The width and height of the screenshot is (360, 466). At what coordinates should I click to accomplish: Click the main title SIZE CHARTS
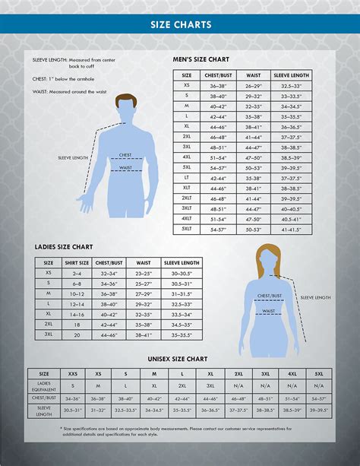click(180, 24)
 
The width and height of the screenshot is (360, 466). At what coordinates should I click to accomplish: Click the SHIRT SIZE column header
click(77, 262)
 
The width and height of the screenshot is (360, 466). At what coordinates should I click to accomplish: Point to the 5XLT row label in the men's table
click(186, 228)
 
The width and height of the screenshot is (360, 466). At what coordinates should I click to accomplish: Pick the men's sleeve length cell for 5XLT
click(291, 228)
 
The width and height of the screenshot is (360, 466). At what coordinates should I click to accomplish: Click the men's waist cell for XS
click(253, 86)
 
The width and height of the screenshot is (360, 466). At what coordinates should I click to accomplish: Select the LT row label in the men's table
click(186, 177)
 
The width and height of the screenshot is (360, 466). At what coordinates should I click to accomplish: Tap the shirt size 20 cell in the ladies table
click(77, 334)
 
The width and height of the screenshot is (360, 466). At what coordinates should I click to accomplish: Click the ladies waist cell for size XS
click(144, 272)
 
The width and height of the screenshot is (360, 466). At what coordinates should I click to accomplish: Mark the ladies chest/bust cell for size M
click(109, 293)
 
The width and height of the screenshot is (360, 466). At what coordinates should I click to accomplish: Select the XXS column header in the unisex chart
click(73, 374)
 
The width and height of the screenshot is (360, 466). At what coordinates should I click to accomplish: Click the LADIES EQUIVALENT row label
click(43, 386)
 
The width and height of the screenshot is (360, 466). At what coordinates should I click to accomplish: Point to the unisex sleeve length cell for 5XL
click(319, 410)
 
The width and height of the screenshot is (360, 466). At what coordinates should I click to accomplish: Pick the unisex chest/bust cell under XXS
click(73, 398)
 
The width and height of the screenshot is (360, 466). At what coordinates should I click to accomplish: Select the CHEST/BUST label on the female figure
click(270, 296)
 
